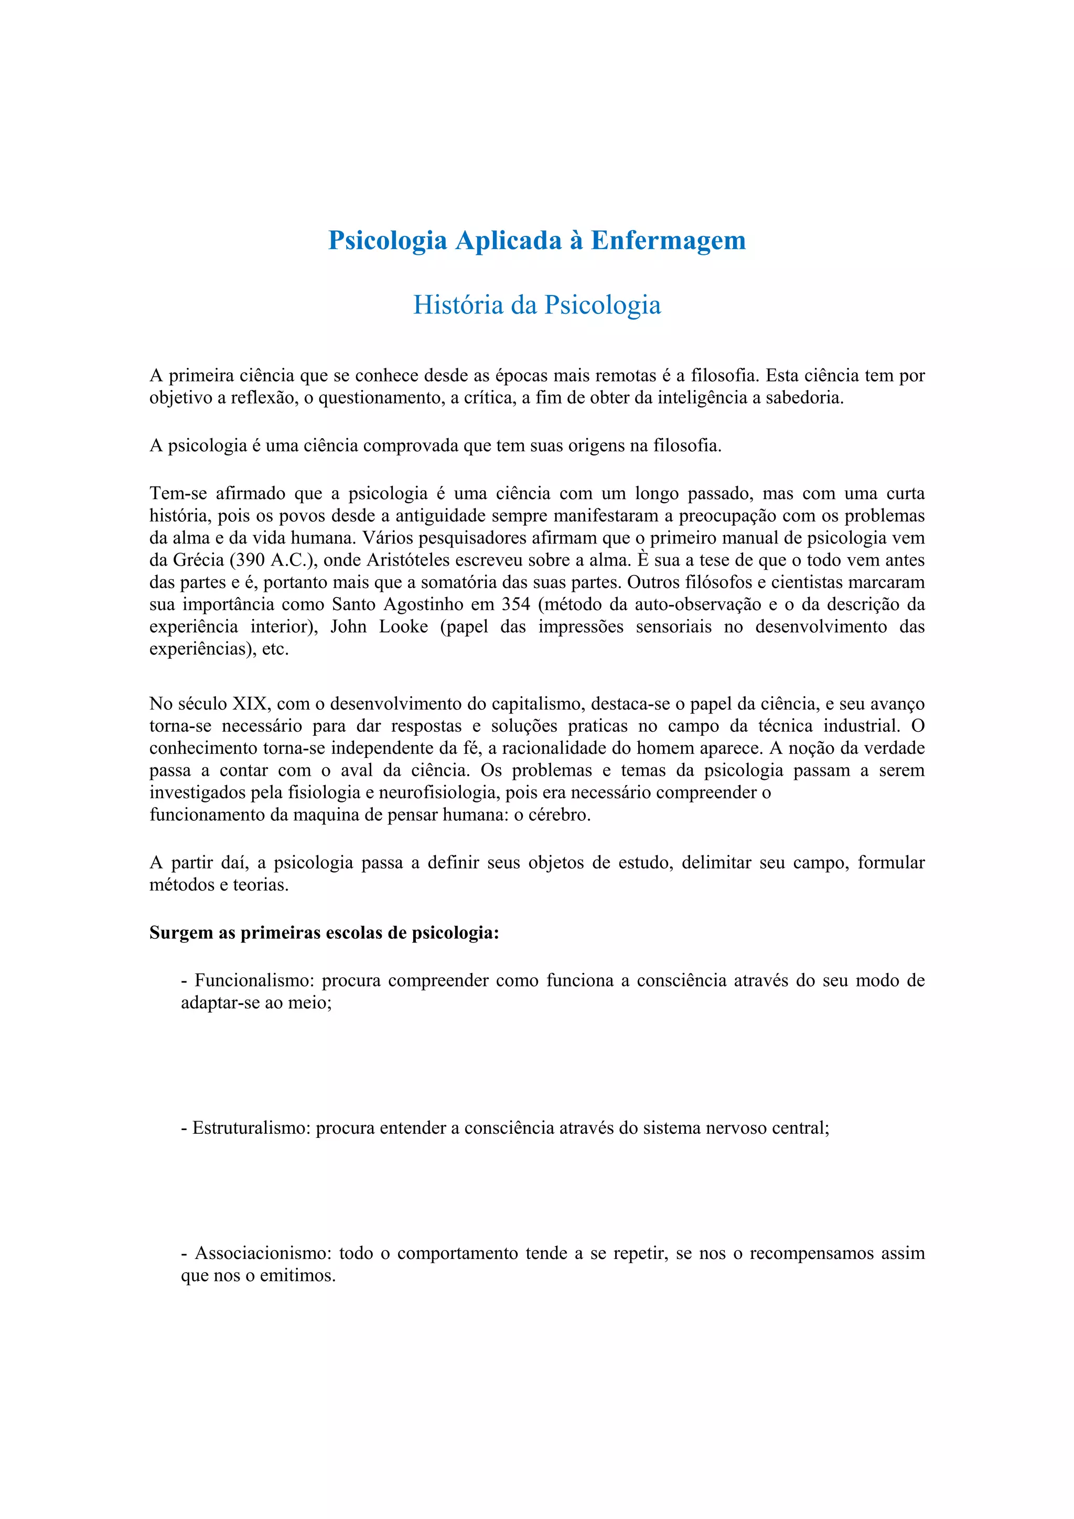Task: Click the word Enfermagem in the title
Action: tap(668, 240)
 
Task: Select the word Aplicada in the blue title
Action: tap(508, 240)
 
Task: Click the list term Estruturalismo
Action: tap(251, 1128)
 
